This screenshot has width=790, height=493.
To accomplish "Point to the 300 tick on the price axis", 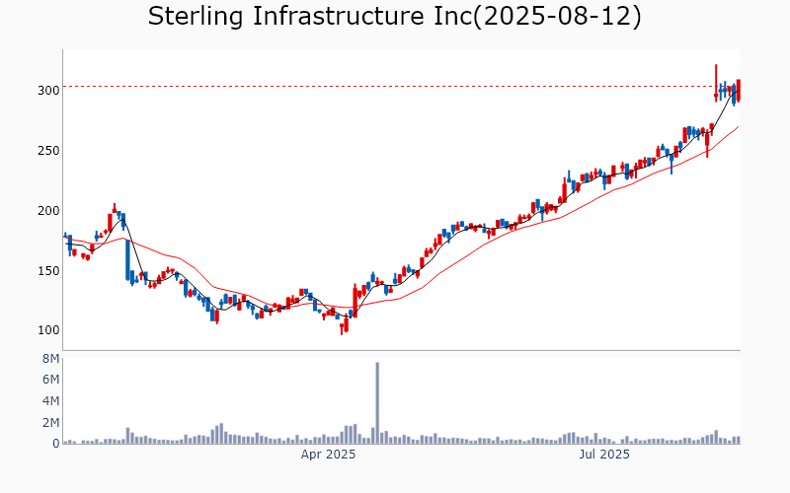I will (x=49, y=90).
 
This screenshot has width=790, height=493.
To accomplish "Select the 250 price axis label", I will (x=49, y=150).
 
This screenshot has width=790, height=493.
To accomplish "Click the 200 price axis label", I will (x=49, y=210).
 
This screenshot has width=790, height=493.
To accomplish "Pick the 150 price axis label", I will (x=49, y=270).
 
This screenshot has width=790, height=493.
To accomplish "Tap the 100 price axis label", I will (x=49, y=330).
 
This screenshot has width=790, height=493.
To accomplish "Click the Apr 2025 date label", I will (x=328, y=455).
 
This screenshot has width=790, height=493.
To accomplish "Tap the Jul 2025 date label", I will (x=604, y=455).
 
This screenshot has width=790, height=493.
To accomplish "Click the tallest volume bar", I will (x=377, y=403).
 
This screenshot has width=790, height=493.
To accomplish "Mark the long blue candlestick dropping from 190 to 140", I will (x=127, y=260).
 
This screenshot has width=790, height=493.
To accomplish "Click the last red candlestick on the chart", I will (x=739, y=90).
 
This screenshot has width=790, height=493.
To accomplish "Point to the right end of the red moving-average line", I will (x=738, y=126).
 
